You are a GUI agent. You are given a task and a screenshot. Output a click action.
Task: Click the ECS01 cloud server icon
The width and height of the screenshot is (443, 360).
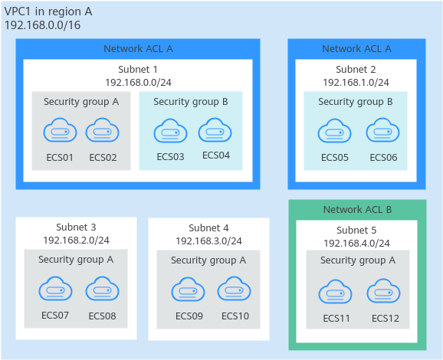click(60, 130)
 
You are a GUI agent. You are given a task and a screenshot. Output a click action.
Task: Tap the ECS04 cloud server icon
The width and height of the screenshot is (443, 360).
click(215, 130)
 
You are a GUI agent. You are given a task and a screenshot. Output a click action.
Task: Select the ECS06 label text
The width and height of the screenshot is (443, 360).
click(383, 157)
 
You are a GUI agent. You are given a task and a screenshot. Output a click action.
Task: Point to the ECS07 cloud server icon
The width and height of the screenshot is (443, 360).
click(55, 288)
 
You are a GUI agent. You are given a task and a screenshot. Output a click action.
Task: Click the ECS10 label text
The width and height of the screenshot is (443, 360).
click(235, 316)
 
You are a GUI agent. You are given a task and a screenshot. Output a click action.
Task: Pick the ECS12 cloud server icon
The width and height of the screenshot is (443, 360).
click(383, 291)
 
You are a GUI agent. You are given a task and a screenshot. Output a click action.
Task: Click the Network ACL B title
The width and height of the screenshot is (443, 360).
click(357, 210)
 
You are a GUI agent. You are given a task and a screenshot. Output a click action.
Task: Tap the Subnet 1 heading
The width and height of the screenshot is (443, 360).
click(138, 69)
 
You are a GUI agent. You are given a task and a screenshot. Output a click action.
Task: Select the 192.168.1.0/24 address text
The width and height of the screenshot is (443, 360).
click(356, 83)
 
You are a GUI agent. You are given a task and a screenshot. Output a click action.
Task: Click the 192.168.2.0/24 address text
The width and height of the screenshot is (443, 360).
click(76, 240)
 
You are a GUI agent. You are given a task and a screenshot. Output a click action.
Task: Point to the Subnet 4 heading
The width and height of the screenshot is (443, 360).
click(208, 227)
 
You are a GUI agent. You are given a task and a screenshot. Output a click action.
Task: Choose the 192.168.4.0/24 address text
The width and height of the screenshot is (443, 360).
click(356, 243)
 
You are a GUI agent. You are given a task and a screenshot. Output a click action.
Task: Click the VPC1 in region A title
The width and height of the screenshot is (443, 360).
click(48, 11)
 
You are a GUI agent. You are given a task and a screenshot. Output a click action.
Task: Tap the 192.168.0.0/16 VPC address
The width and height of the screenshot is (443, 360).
click(43, 25)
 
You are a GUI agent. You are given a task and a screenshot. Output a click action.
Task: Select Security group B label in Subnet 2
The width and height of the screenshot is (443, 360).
click(356, 102)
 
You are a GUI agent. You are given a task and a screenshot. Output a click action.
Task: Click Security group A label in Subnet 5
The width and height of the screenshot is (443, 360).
click(358, 260)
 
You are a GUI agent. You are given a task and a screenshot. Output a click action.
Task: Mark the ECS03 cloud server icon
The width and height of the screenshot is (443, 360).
click(170, 131)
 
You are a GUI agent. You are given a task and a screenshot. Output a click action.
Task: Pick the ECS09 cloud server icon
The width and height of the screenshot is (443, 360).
click(189, 289)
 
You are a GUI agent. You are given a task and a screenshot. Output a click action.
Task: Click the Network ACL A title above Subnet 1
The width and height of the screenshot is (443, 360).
click(138, 48)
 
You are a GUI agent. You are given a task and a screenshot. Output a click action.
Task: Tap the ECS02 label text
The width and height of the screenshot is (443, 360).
click(103, 157)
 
